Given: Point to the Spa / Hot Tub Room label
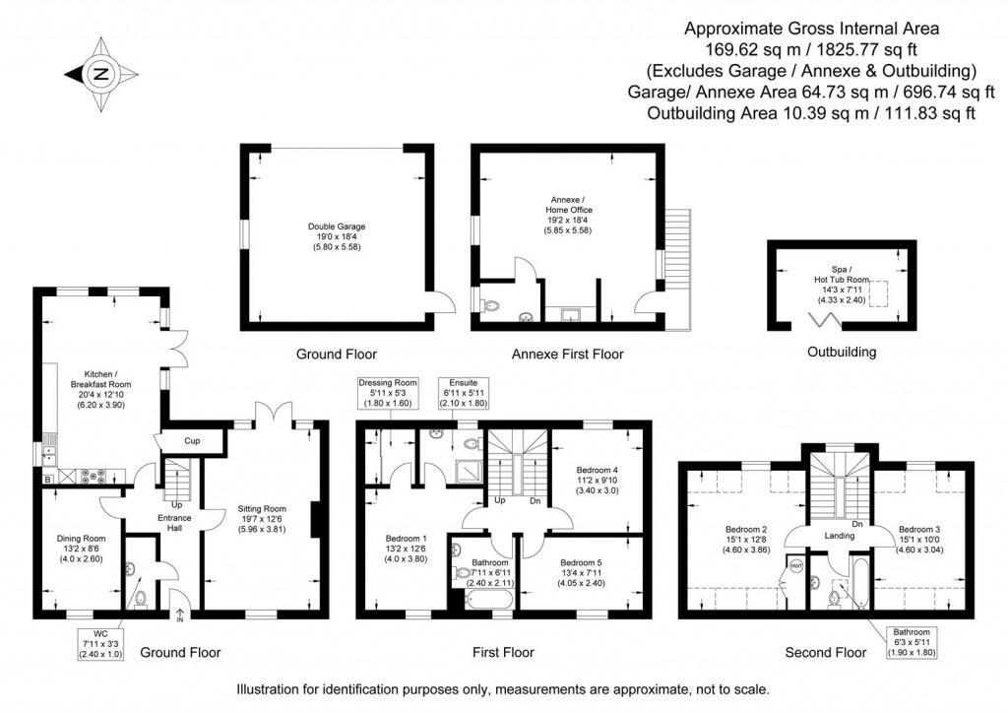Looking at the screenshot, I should (840, 284).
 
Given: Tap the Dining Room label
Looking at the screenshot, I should (81, 548).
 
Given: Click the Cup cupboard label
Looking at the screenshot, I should (192, 441).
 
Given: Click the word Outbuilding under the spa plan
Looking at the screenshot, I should (842, 352).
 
